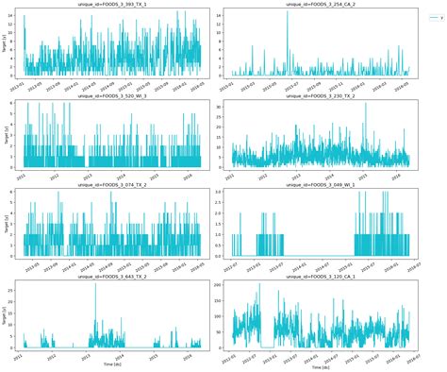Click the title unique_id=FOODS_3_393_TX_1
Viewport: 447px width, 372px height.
[x=112, y=5]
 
